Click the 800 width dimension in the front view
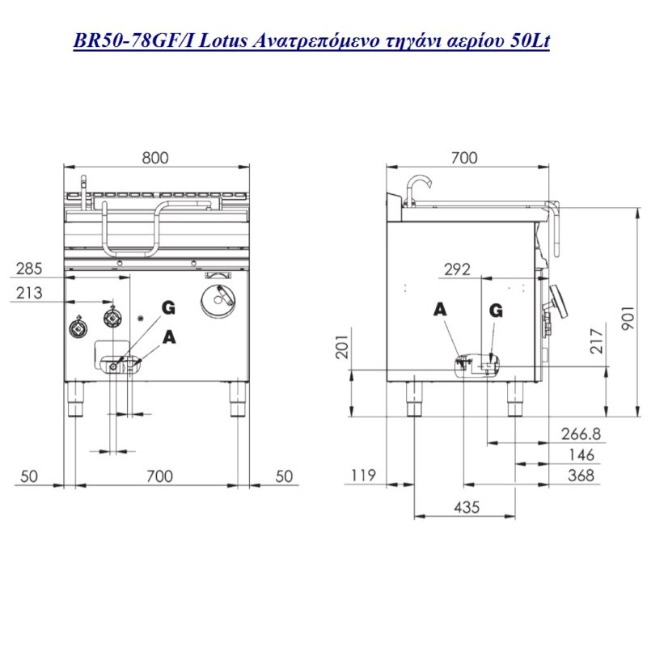coord(155,158)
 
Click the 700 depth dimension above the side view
coord(464,158)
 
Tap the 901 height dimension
coord(628,318)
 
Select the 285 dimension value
coord(29,269)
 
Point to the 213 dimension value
coord(29,293)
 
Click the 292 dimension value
coord(457,270)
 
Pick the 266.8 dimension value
coord(581,433)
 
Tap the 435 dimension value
coord(467,507)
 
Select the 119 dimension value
coord(363,476)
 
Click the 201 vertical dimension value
coord(342,346)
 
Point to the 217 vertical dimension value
coord(597,340)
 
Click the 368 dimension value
coord(581,476)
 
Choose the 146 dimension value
coord(581,455)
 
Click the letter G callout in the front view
coord(168,308)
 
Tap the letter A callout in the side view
coord(440,309)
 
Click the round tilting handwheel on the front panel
coord(218,301)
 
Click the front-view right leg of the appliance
coord(238,399)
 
